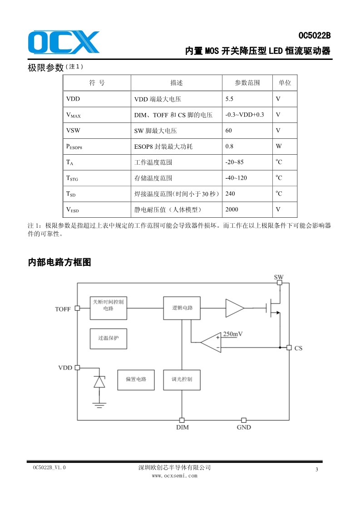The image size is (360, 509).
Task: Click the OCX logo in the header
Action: (x=64, y=42)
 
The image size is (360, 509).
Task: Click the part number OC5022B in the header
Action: (x=315, y=35)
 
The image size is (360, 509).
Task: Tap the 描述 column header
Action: (x=176, y=83)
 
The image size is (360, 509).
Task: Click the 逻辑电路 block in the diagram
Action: (x=182, y=308)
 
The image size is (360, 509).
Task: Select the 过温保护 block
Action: (x=108, y=338)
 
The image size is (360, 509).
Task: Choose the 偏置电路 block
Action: (x=136, y=379)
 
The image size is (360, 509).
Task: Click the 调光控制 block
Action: (x=182, y=379)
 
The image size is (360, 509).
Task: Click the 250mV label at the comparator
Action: (x=233, y=334)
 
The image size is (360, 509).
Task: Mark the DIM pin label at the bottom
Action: (x=182, y=427)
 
